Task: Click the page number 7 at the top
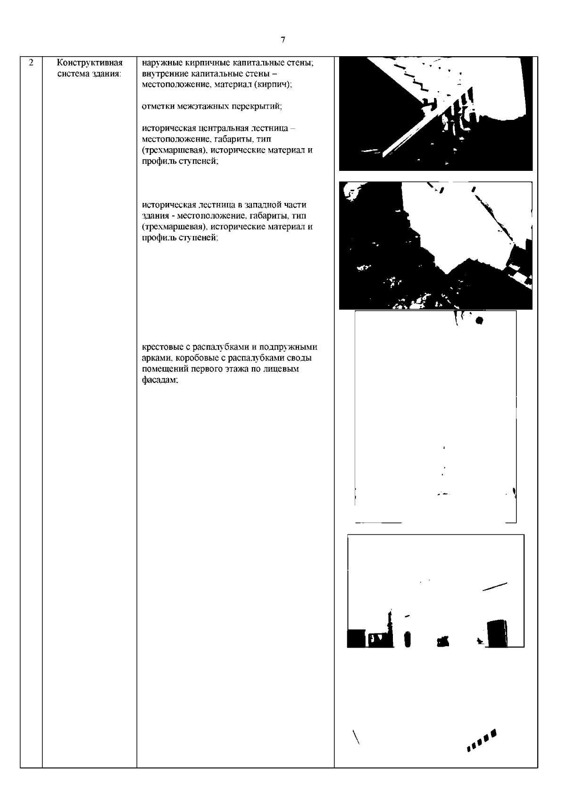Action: coord(283,40)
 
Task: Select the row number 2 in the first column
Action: coord(31,63)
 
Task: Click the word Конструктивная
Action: coord(90,63)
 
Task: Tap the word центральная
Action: coord(223,128)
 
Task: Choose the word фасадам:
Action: coord(160,380)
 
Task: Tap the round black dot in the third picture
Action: coord(480,320)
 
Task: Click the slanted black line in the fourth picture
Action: coord(495,586)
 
